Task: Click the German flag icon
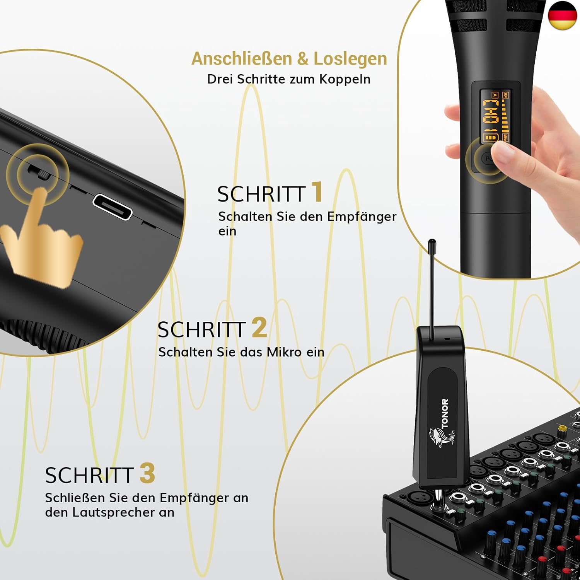click(562, 15)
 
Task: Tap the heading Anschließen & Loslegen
click(289, 59)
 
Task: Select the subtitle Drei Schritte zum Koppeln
click(289, 79)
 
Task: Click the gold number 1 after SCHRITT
click(317, 192)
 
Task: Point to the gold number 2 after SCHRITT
click(259, 328)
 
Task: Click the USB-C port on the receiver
click(113, 207)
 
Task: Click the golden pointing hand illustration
click(43, 240)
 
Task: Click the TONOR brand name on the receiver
click(445, 413)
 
